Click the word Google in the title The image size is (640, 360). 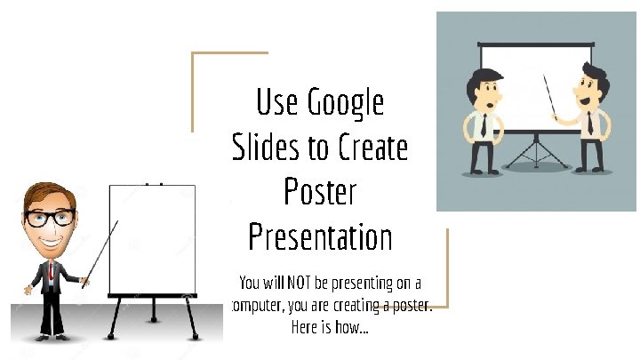pyautogui.click(x=346, y=103)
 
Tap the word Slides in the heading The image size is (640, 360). pyautogui.click(x=265, y=148)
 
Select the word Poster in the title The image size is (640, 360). pyautogui.click(x=320, y=192)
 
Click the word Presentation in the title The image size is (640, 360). pyautogui.click(x=320, y=237)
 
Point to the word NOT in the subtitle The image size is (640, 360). pyautogui.click(x=298, y=284)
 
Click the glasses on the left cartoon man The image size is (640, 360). pyautogui.click(x=50, y=216)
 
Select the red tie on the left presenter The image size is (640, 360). pyautogui.click(x=51, y=271)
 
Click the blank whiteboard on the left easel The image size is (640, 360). pyautogui.click(x=151, y=238)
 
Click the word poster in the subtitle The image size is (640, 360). pyautogui.click(x=411, y=305)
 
